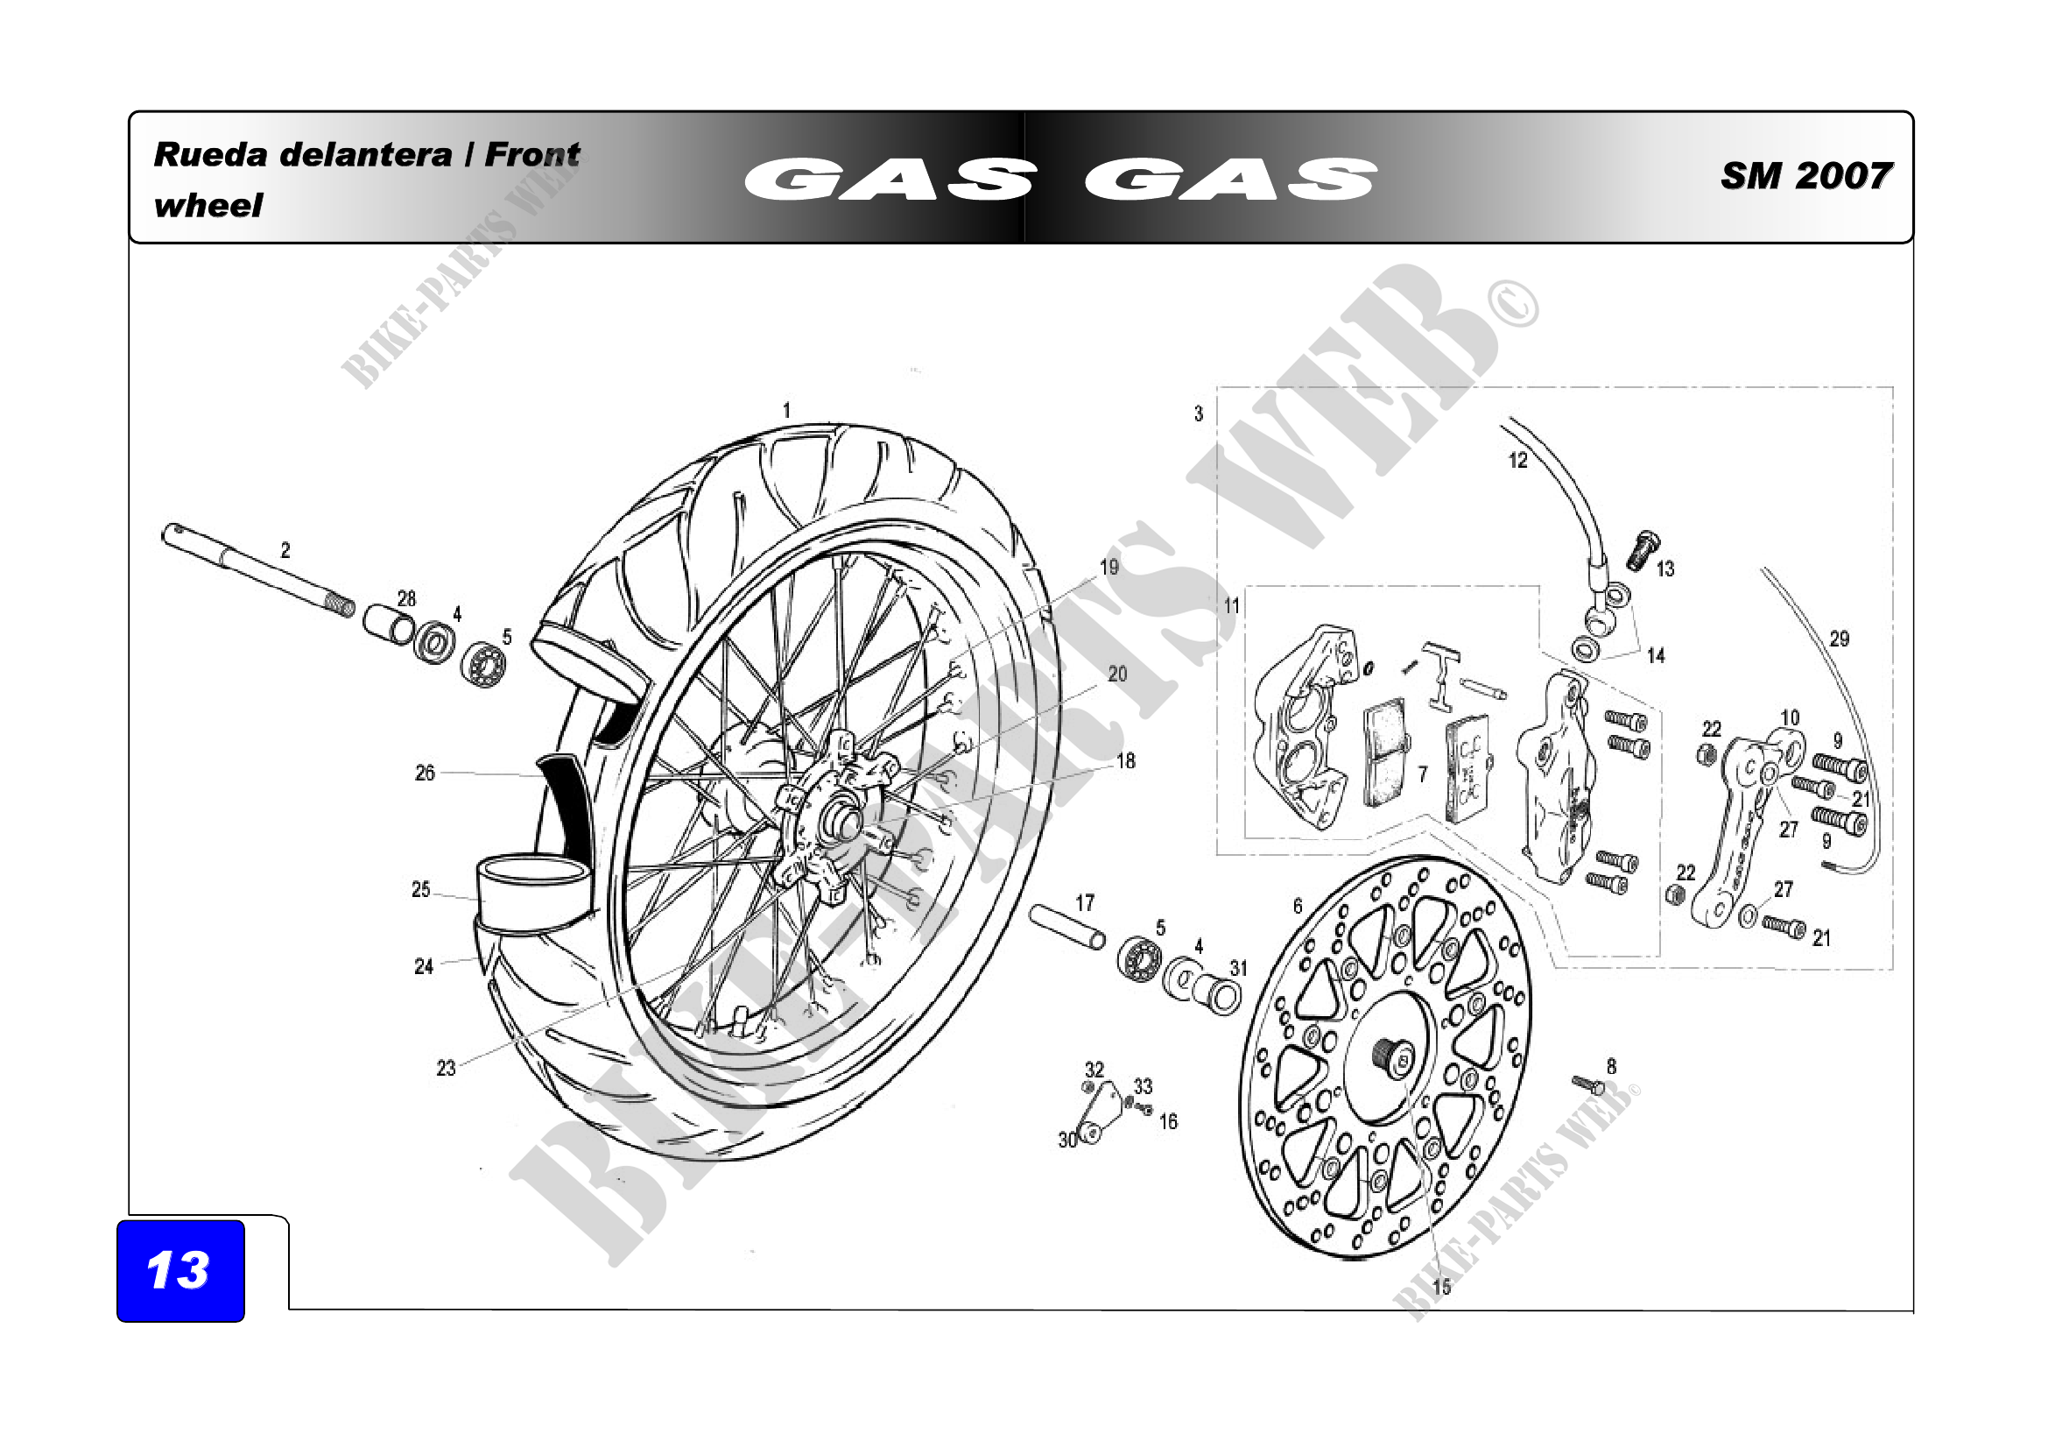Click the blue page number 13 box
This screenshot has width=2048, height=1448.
pyautogui.click(x=180, y=1269)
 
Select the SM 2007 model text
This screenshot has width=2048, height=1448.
pyautogui.click(x=1805, y=176)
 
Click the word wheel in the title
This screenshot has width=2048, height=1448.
pyautogui.click(x=208, y=206)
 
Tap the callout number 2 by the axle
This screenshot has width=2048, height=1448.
pyautogui.click(x=285, y=550)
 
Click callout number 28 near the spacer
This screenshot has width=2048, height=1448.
pyautogui.click(x=407, y=598)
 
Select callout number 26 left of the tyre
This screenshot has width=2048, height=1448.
pyautogui.click(x=425, y=773)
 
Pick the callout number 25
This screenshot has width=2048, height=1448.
pyautogui.click(x=421, y=889)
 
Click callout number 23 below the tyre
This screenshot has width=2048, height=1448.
pyautogui.click(x=446, y=1068)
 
